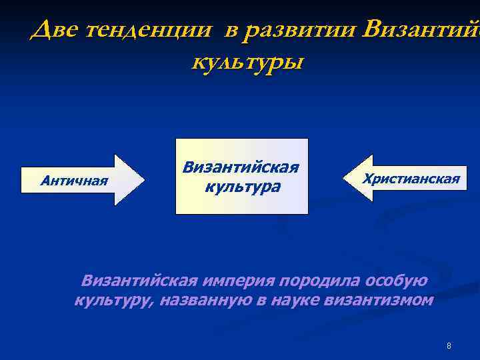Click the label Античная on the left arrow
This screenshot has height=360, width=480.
pos(74,179)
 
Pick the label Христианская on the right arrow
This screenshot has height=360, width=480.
pos(411,179)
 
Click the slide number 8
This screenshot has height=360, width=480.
pos(449,345)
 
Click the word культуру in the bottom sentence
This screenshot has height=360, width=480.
pos(112,301)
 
